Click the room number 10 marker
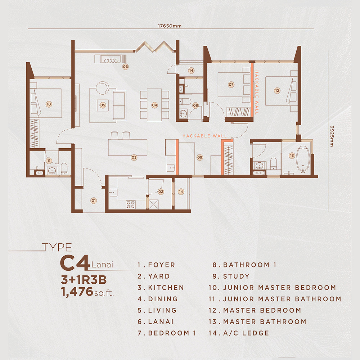tap(49, 104)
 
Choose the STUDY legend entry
tap(236, 276)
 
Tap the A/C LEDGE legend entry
tap(246, 333)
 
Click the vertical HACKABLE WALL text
tap(257, 92)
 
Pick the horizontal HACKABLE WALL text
tap(205, 136)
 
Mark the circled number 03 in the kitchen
tap(134, 157)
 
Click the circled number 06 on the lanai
tap(125, 66)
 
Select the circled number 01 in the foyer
tap(94, 200)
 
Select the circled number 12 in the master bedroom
tap(277, 91)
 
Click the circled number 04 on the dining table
tap(154, 105)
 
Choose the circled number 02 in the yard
tap(161, 192)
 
